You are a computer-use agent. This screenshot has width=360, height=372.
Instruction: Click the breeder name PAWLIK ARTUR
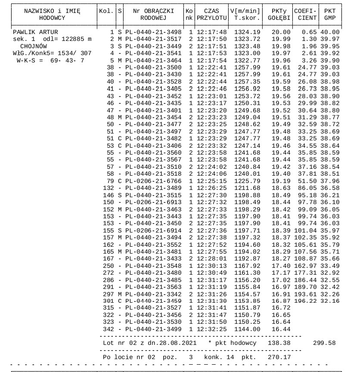coord(36,32)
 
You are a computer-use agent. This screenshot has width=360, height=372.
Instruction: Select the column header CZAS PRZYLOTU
coord(212,14)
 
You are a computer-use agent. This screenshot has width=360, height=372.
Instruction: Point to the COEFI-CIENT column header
coord(305,14)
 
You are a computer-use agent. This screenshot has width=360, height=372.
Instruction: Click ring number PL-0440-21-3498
coord(153,32)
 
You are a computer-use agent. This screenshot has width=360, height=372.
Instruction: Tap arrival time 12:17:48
coord(212,32)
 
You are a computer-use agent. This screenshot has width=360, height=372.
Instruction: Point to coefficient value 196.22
coord(306,300)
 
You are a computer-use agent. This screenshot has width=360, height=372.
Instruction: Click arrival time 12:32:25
coord(212,329)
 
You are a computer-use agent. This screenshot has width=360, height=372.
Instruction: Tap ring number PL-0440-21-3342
coord(153,293)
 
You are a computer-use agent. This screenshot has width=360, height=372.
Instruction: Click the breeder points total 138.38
coord(280,343)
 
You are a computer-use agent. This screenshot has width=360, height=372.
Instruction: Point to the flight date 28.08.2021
coord(178,343)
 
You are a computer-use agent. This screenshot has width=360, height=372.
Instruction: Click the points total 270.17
coord(280,357)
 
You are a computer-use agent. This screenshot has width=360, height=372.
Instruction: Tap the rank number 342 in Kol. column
coord(109,329)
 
